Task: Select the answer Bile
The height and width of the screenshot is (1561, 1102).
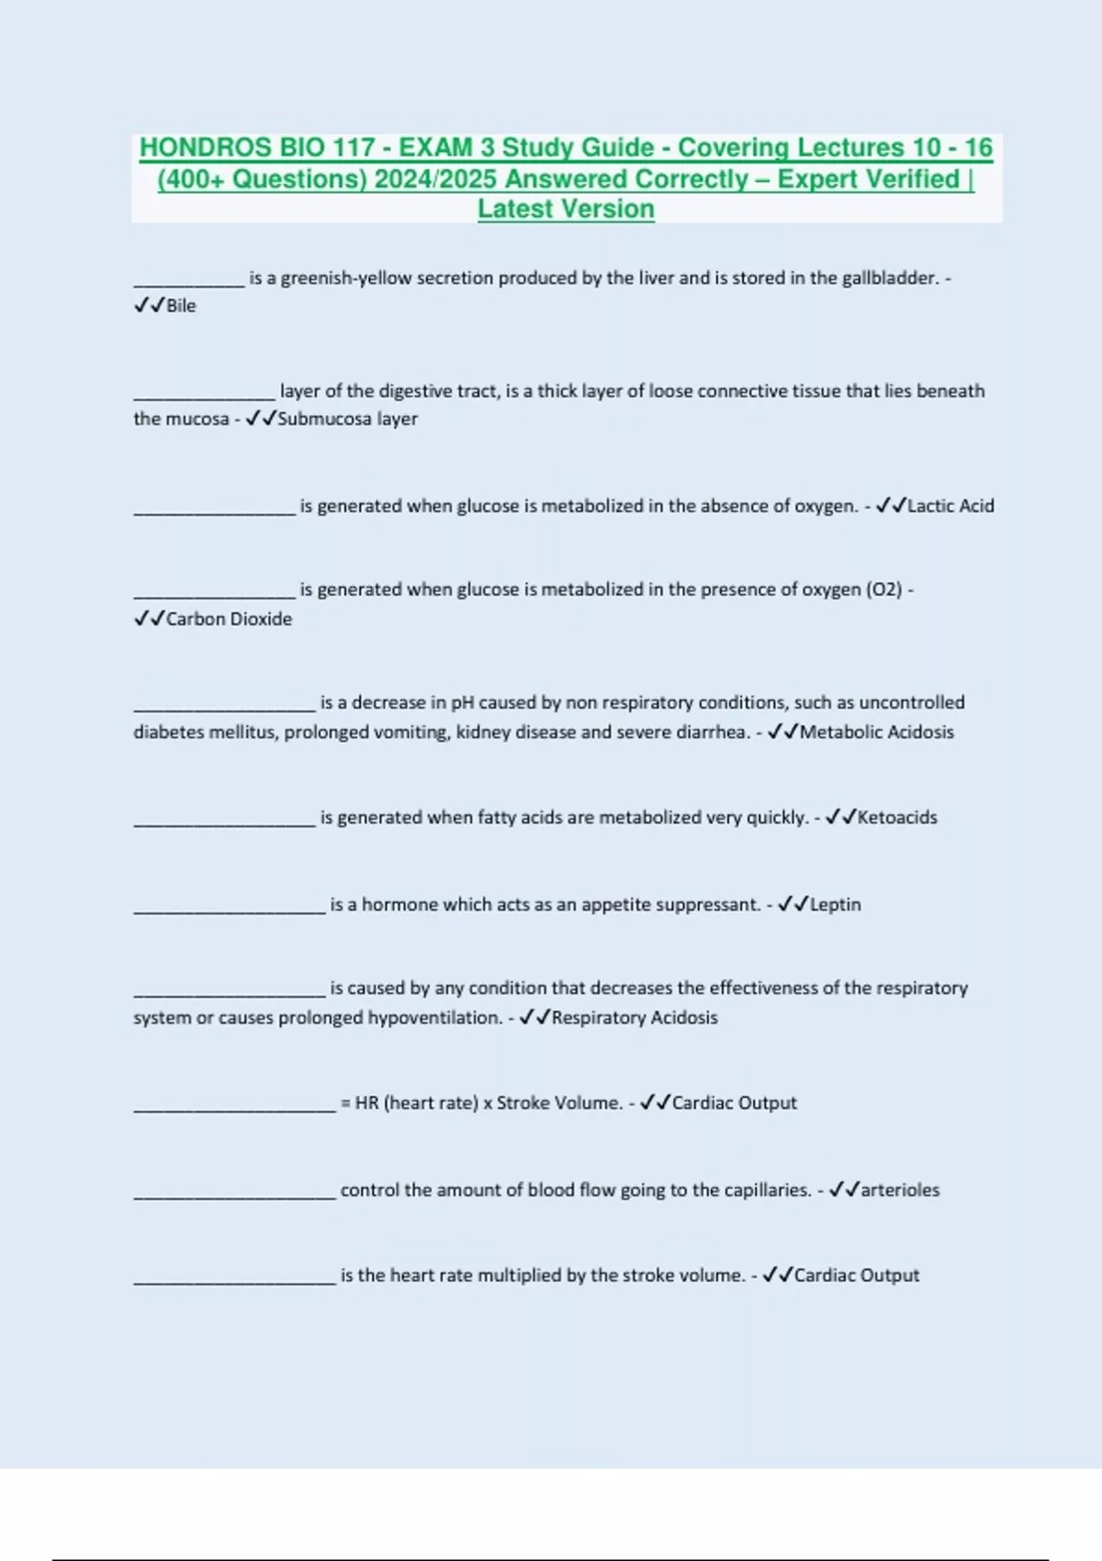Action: click(x=181, y=306)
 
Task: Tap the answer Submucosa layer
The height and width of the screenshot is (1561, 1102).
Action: click(x=347, y=419)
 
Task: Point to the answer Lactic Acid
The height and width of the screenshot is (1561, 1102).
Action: click(x=950, y=506)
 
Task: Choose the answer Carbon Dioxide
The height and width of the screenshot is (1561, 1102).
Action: click(x=229, y=619)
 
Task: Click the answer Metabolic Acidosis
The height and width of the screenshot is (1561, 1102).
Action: click(x=876, y=732)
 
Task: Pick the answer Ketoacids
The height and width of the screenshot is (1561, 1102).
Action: click(x=897, y=817)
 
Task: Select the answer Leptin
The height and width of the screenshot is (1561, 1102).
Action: click(x=835, y=904)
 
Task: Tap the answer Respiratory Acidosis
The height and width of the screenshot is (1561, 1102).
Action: click(x=635, y=1017)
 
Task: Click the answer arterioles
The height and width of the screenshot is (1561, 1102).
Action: click(x=900, y=1190)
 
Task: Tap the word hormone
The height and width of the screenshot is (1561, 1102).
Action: click(x=399, y=904)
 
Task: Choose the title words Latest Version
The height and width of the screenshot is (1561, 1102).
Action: click(x=566, y=208)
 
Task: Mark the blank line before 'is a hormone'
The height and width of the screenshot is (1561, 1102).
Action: click(x=230, y=911)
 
